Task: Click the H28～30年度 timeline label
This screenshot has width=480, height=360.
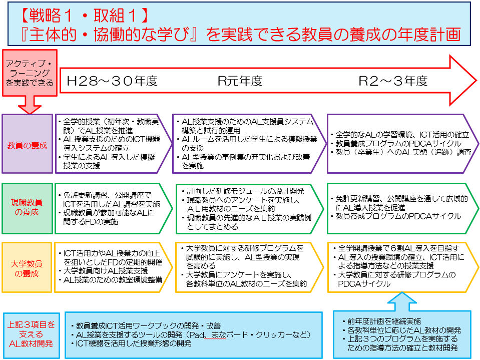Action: [112, 81]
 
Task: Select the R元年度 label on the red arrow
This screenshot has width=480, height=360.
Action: [240, 81]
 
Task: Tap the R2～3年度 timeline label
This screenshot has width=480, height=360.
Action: [393, 81]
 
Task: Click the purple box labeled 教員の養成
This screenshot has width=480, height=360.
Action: [27, 144]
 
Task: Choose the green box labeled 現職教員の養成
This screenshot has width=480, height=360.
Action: [27, 208]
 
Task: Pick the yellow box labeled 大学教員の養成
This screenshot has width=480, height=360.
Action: [27, 267]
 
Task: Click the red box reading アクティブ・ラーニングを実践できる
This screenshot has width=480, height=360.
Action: [30, 73]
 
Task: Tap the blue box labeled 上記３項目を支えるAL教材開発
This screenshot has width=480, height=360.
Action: [31, 335]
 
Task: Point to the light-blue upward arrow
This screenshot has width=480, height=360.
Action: [402, 302]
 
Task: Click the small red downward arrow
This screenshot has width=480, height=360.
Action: [30, 105]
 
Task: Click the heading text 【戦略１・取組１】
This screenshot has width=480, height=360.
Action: [84, 16]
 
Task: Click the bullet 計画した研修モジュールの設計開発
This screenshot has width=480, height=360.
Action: [243, 191]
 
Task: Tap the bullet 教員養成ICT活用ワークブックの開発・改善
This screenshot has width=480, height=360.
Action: [146, 326]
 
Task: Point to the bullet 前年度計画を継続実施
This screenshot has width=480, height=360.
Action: [382, 321]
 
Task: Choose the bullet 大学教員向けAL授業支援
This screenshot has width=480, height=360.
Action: [103, 271]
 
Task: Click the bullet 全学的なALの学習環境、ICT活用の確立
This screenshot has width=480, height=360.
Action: [400, 135]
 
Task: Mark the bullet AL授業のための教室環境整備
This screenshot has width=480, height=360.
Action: [110, 280]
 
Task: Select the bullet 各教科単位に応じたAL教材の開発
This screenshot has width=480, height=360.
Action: [402, 330]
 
